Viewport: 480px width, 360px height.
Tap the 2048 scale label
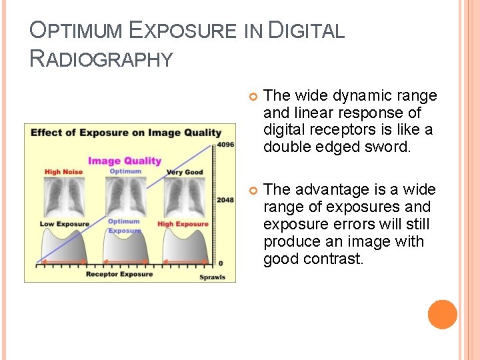(x=225, y=200)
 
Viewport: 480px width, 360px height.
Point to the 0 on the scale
(x=221, y=263)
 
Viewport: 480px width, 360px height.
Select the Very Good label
(x=184, y=172)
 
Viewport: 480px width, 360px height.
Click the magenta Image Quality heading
(x=125, y=160)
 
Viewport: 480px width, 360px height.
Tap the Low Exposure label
(x=64, y=224)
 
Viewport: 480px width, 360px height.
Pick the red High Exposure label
(x=183, y=224)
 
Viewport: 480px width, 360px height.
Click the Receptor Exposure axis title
(x=119, y=274)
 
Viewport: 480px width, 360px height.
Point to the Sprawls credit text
(x=213, y=277)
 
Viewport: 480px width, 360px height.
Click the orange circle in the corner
(x=443, y=315)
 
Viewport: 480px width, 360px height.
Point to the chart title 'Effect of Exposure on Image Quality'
(x=125, y=132)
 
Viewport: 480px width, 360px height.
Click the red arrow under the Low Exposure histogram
(x=64, y=262)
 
